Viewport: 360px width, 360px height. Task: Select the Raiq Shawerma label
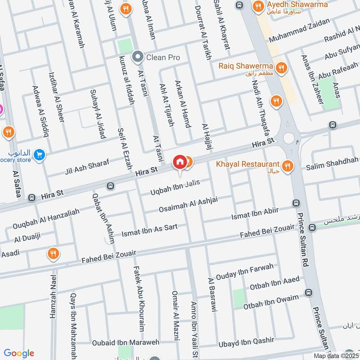click(x=246, y=66)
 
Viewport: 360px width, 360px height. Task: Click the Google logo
click(x=19, y=353)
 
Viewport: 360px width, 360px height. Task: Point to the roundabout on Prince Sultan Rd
click(x=288, y=138)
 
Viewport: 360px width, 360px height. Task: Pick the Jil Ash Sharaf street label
click(x=87, y=166)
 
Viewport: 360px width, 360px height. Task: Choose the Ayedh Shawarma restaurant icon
click(x=258, y=6)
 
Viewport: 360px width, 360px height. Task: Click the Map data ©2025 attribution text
click(x=336, y=356)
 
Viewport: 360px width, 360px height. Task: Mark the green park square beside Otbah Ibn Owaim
click(x=239, y=298)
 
